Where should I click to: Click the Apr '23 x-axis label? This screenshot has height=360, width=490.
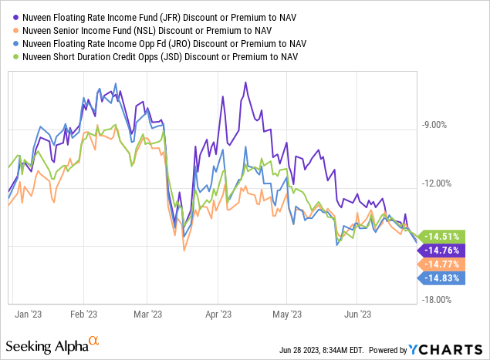[x=218, y=315]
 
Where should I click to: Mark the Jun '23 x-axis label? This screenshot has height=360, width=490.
[x=358, y=315]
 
